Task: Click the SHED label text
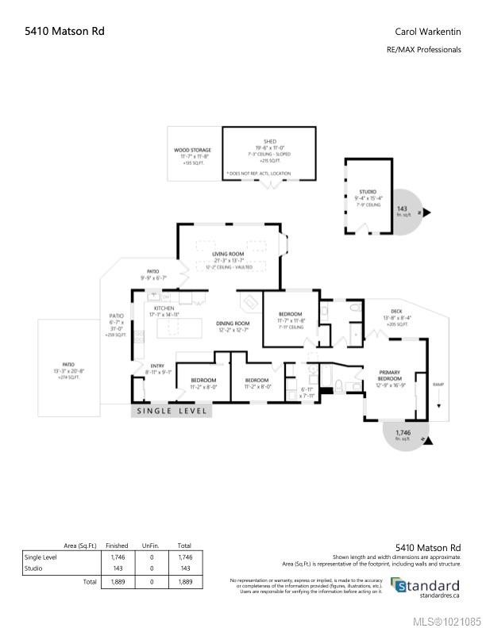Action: point(269,141)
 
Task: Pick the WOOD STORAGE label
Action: point(194,150)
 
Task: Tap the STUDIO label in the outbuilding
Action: point(367,192)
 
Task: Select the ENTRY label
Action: point(156,366)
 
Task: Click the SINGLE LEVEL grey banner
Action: point(172,411)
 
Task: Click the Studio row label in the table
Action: point(34,569)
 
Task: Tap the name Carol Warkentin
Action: point(428,32)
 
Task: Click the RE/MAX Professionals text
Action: point(423,49)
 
